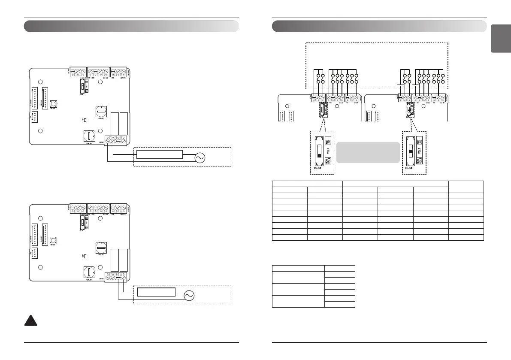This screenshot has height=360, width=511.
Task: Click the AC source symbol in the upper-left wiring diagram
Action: pos(200,158)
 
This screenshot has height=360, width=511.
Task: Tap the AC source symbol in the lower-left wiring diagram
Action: pos(189,296)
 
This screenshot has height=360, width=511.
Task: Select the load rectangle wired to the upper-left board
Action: pos(159,154)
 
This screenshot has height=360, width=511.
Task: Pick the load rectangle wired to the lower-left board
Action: pos(157,292)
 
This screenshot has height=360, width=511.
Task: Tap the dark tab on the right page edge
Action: pos(501,39)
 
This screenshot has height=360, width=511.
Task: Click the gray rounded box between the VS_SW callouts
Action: pos(368,152)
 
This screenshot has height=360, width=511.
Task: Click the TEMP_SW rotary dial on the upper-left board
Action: pos(89,136)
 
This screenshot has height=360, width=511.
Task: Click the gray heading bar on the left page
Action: pos(131,27)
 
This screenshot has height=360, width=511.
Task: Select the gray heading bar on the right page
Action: pos(380,27)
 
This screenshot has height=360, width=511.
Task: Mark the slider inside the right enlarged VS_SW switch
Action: pos(410,151)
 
